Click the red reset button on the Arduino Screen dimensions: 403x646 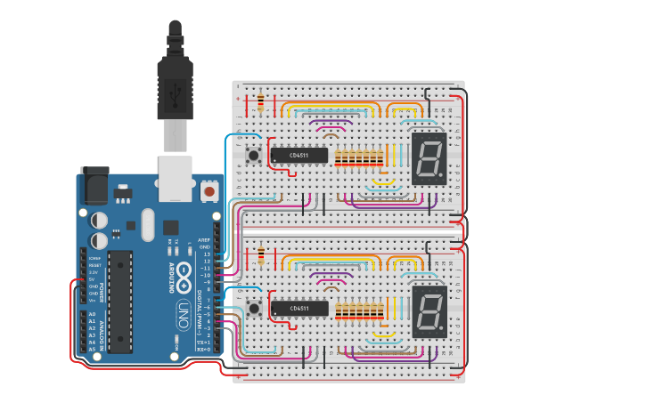(209, 190)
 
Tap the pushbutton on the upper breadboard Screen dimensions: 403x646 (254, 156)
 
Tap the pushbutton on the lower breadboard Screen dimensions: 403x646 (254, 309)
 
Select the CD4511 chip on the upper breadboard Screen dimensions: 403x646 (298, 156)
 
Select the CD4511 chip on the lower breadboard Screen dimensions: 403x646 (298, 309)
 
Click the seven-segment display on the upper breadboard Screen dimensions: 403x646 (429, 158)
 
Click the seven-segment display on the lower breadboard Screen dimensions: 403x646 (429, 311)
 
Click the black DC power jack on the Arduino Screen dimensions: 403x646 (94, 186)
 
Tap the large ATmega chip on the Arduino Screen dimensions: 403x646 (120, 301)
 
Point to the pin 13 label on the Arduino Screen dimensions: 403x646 (206, 254)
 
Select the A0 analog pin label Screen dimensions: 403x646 (92, 314)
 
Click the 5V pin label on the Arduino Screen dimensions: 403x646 (92, 279)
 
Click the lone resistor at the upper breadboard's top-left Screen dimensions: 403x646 (260, 103)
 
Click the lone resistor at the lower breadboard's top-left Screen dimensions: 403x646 (260, 256)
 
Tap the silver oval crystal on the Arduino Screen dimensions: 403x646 (147, 224)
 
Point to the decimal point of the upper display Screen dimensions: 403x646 (442, 178)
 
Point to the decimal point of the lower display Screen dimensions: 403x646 (442, 331)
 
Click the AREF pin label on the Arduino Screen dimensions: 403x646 (204, 240)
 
